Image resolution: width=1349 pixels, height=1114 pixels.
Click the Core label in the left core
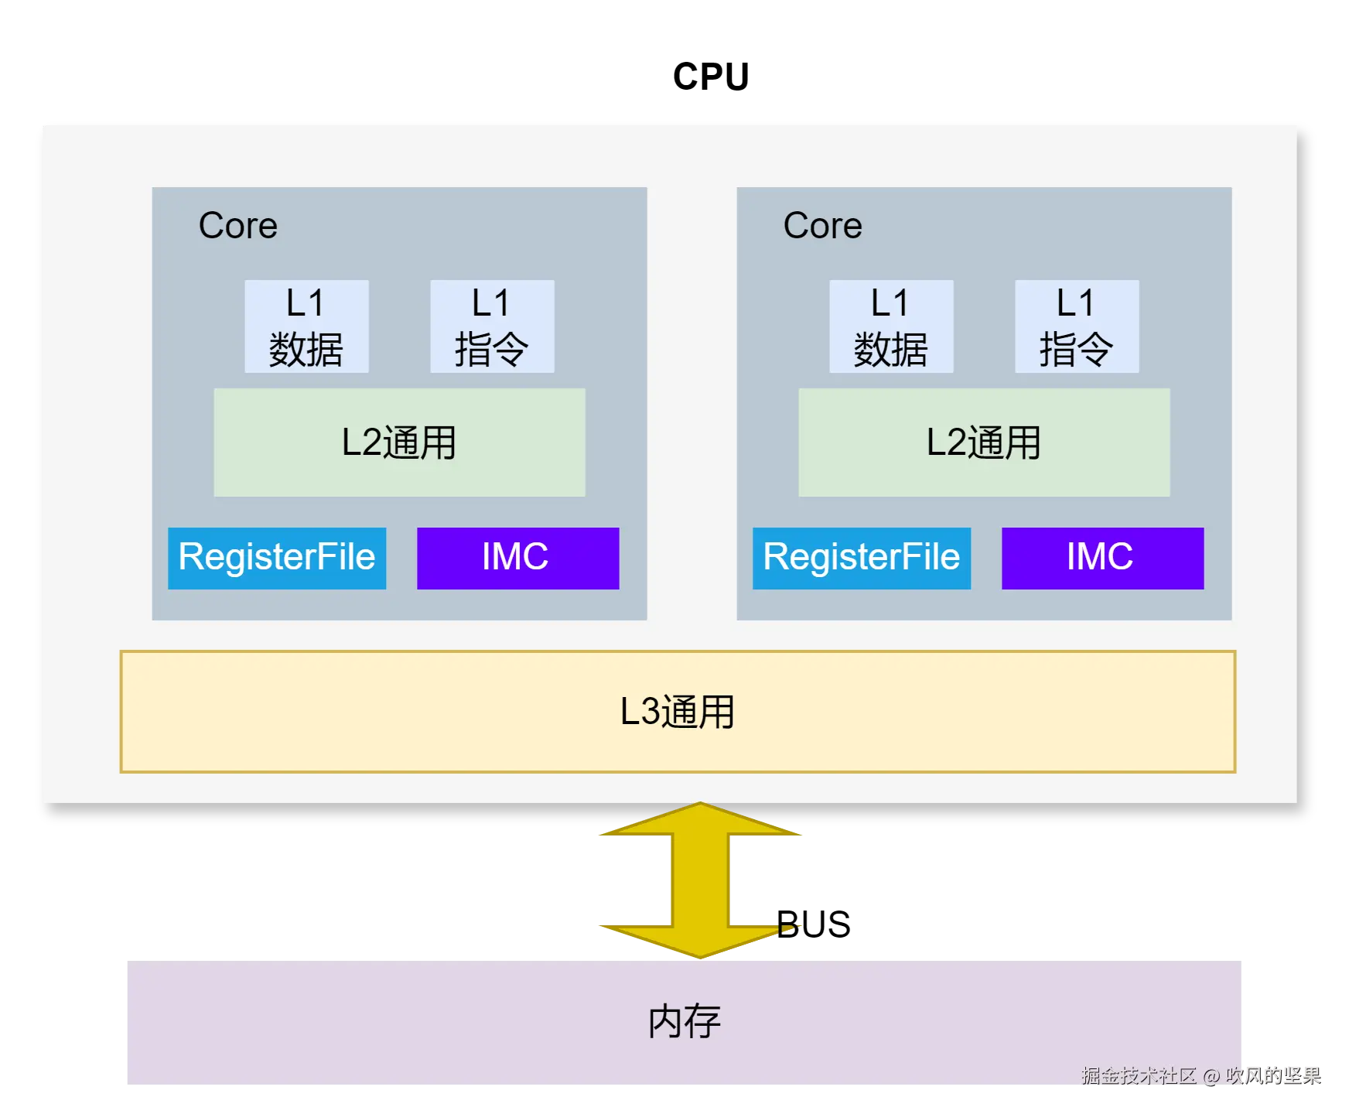[237, 226]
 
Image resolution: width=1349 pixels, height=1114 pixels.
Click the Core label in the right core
[822, 226]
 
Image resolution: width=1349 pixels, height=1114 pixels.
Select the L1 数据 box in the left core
[306, 326]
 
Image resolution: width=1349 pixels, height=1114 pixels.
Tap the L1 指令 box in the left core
[492, 326]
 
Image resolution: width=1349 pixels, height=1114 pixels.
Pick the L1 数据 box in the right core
[891, 326]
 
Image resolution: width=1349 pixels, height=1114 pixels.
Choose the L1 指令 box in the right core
[1077, 326]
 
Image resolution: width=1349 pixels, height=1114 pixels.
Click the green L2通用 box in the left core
[399, 443]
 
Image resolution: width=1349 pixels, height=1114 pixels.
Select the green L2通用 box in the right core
[984, 443]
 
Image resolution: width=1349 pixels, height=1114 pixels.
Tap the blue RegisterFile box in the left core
[277, 558]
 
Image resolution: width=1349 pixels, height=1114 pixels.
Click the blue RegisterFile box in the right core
[862, 558]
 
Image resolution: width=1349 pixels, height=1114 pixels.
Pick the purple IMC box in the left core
[517, 558]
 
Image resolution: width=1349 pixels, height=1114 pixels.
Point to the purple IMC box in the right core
[1102, 558]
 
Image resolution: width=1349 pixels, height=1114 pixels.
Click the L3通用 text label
[677, 712]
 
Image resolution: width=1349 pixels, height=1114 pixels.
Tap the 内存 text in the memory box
[684, 1022]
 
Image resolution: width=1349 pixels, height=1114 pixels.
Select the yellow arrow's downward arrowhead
[699, 941]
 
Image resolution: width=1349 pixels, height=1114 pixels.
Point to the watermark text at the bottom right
[1200, 1075]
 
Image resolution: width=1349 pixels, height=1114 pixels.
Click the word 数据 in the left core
[306, 350]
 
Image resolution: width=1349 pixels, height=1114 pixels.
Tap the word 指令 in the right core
[1077, 350]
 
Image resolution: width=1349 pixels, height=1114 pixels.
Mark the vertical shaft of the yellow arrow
[699, 879]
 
